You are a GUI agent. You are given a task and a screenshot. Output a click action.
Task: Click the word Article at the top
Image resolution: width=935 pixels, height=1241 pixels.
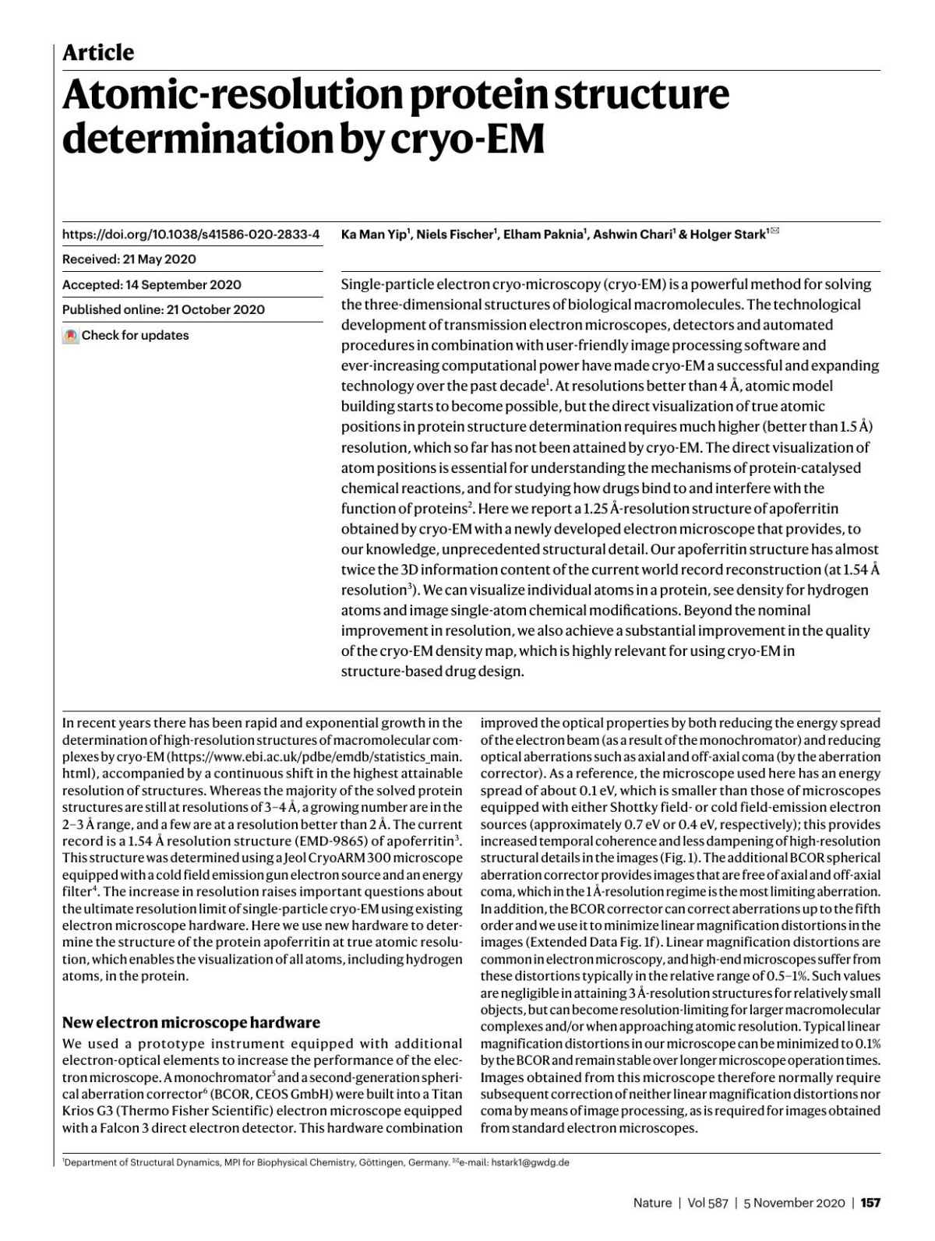98,53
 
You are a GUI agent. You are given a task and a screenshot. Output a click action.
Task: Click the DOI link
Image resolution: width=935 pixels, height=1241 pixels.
191,234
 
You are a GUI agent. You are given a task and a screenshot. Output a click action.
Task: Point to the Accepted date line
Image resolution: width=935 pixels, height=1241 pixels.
152,284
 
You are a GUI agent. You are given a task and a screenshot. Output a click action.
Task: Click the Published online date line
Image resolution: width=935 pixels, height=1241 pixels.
164,309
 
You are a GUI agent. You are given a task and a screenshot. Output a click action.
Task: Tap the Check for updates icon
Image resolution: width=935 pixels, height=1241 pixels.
71,336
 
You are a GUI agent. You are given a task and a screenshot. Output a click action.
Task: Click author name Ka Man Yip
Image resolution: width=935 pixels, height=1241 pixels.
375,234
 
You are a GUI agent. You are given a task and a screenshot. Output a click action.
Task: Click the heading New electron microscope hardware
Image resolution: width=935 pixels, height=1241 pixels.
191,1022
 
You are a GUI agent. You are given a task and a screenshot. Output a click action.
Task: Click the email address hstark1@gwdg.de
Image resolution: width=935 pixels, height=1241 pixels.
530,1163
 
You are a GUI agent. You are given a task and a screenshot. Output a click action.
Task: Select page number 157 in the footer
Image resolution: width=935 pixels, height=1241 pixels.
870,1203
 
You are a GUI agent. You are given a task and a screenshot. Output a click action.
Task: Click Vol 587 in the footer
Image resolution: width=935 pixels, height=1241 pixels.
707,1203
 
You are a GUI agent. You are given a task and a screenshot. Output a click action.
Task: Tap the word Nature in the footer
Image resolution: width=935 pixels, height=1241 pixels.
652,1203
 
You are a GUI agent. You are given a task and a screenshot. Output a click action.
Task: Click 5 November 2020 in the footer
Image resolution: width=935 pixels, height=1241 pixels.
794,1203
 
